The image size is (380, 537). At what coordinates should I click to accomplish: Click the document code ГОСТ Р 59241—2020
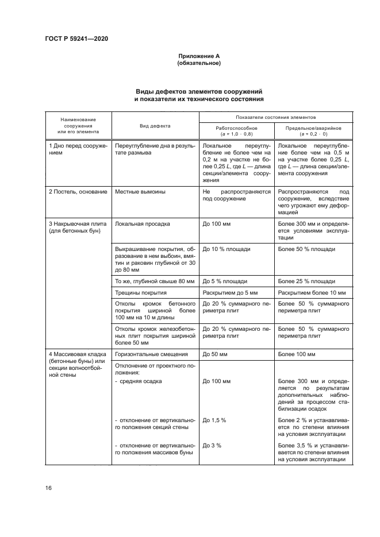point(76,38)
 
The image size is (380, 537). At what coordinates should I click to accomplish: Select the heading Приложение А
point(199,56)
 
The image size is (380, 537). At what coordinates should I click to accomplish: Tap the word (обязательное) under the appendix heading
point(199,63)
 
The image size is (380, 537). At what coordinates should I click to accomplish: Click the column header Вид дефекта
point(155,125)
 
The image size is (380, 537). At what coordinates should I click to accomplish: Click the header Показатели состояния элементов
point(275,116)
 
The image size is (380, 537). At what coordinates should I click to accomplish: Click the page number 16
point(48,488)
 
